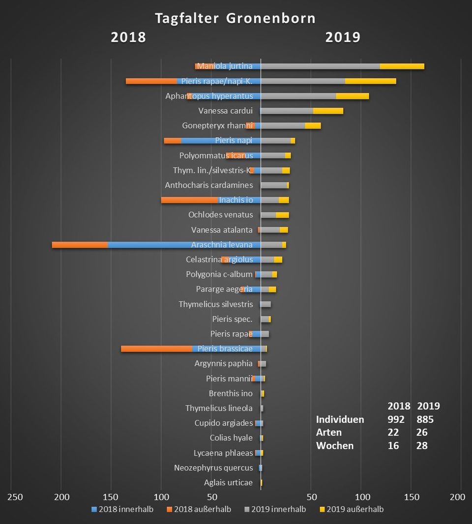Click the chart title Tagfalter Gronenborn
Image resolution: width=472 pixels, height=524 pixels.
(235, 19)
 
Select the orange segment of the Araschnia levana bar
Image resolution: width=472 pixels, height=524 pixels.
(80, 245)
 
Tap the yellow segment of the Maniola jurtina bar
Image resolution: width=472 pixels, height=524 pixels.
(402, 66)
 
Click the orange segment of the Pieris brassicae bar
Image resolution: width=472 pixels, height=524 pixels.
(156, 349)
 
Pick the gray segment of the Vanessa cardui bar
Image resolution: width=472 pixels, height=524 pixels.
(287, 111)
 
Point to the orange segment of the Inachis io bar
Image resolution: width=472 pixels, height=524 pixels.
(189, 200)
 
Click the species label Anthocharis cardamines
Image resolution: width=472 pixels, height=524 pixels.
(209, 185)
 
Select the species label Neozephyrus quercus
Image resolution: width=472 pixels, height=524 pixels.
(213, 467)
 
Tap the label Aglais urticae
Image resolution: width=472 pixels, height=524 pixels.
(228, 482)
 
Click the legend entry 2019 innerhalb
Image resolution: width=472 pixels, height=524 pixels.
(279, 509)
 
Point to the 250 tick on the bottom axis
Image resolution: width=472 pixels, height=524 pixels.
(15, 497)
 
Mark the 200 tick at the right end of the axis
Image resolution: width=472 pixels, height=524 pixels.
(457, 497)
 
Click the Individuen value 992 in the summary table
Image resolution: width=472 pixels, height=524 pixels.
(396, 419)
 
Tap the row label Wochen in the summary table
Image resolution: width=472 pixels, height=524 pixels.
(335, 446)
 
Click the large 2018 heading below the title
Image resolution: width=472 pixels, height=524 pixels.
(128, 37)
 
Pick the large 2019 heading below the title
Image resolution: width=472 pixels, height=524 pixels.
(343, 37)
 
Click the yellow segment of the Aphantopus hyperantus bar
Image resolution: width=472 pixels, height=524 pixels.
(352, 96)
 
